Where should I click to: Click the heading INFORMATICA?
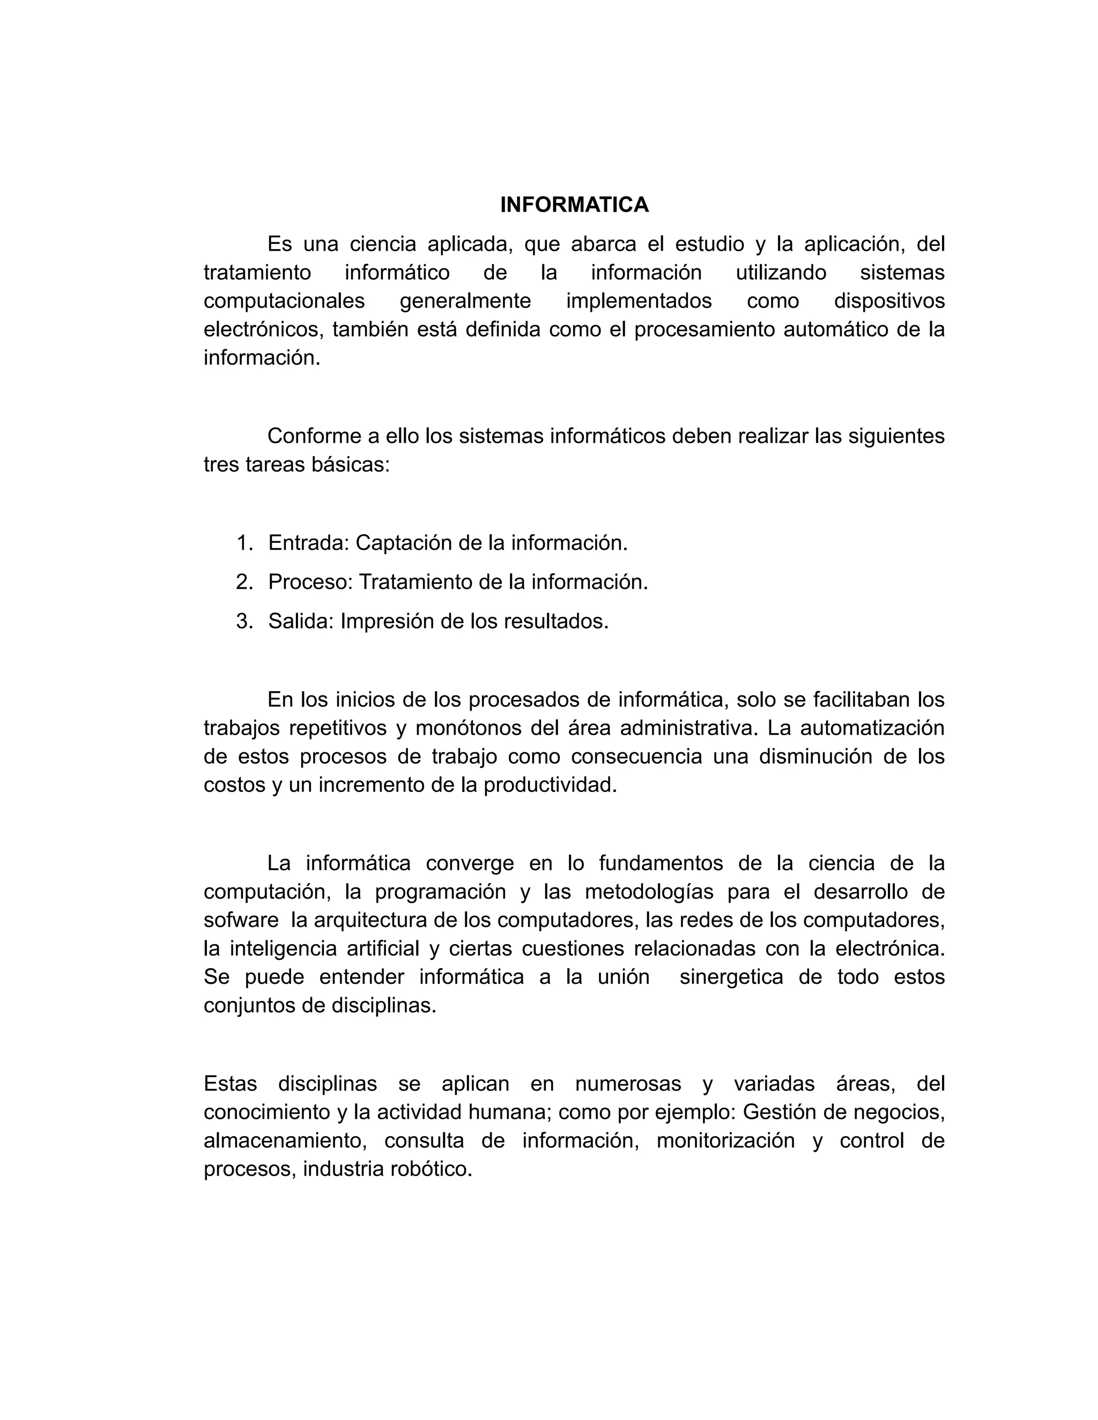pyautogui.click(x=574, y=205)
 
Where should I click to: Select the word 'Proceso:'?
pyautogui.click(x=310, y=582)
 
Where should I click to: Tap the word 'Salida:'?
pyautogui.click(x=301, y=622)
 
